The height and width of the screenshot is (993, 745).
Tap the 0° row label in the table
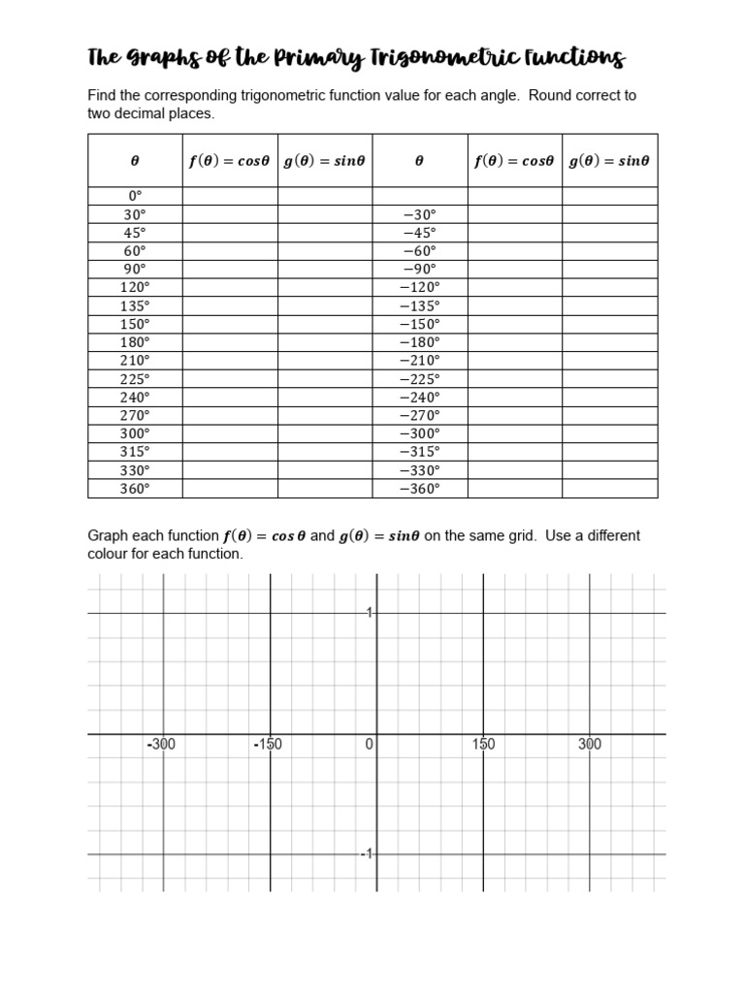pyautogui.click(x=135, y=196)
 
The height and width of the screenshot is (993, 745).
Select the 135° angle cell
pyautogui.click(x=135, y=305)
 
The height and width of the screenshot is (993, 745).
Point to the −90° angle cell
pyautogui.click(x=420, y=269)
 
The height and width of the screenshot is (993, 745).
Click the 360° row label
pyautogui.click(x=135, y=489)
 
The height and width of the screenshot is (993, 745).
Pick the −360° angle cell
pyautogui.click(x=420, y=489)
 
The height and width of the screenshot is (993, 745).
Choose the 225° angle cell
pyautogui.click(x=135, y=379)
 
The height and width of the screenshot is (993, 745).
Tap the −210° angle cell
pyautogui.click(x=420, y=361)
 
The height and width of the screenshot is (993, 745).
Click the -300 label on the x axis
pyautogui.click(x=161, y=745)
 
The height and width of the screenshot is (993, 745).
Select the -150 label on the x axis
pyautogui.click(x=267, y=745)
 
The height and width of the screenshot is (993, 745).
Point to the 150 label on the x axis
pyautogui.click(x=483, y=745)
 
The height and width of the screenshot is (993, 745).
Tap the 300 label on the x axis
pyautogui.click(x=590, y=745)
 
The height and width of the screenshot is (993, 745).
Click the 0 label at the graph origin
pyautogui.click(x=369, y=745)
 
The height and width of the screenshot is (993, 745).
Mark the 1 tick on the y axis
pyautogui.click(x=370, y=613)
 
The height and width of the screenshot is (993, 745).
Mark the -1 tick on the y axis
pyautogui.click(x=367, y=854)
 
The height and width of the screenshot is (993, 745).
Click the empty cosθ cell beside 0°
pyautogui.click(x=230, y=196)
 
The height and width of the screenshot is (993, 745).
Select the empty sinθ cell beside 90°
pyautogui.click(x=325, y=269)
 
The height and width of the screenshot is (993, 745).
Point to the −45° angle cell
pyautogui.click(x=420, y=233)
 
